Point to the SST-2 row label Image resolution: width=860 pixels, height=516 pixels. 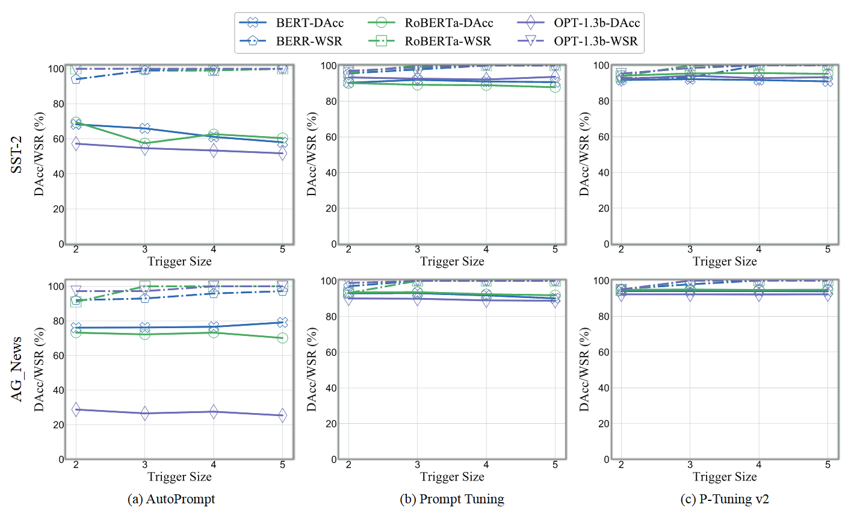pos(17,155)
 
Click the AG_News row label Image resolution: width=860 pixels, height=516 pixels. pos(17,369)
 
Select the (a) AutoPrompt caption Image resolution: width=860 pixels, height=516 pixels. pos(171,499)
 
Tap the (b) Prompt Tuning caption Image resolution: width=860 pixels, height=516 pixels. pos(452,499)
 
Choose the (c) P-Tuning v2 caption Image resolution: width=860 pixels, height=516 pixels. pos(725,499)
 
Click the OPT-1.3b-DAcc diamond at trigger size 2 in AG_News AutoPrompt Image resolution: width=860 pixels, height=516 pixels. pos(76,409)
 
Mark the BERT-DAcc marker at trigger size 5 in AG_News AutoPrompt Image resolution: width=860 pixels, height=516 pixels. pos(282,323)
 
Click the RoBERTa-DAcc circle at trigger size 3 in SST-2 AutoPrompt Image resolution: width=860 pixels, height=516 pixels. pos(144,143)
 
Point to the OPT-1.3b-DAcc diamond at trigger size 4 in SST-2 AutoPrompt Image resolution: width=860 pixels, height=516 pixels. pos(214,151)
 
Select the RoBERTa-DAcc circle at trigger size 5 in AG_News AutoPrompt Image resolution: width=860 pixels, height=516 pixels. pos(282,338)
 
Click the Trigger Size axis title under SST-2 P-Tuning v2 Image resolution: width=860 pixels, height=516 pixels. pos(725,261)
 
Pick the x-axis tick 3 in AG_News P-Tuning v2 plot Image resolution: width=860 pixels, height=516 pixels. pos(690,465)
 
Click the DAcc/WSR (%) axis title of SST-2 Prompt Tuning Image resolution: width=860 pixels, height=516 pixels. pos(312,155)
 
